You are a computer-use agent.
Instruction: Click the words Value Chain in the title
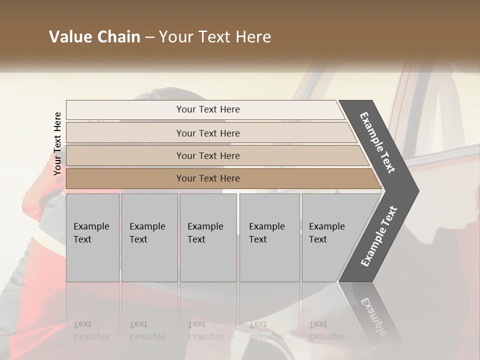click(94, 37)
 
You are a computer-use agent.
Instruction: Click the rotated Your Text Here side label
click(57, 143)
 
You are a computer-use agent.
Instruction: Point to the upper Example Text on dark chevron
click(377, 142)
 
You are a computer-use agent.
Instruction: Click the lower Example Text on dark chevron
click(379, 236)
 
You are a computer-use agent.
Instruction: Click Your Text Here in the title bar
click(215, 37)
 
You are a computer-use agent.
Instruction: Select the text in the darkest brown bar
click(208, 178)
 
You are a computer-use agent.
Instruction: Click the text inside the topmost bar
click(208, 109)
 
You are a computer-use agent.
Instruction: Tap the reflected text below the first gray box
click(91, 330)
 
